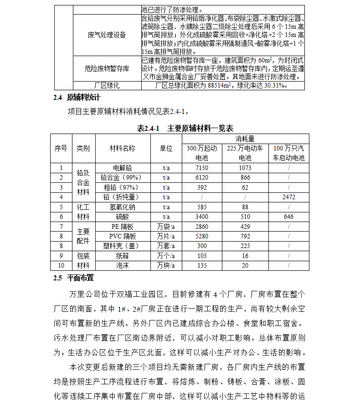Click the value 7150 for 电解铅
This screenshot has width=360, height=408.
[201, 168]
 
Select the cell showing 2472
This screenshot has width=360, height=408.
[288, 197]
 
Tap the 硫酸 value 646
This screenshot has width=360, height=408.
[288, 217]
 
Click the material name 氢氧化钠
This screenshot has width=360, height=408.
[122, 207]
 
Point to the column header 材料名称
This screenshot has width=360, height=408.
[122, 149]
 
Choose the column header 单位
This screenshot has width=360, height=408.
[166, 149]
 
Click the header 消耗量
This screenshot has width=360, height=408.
[245, 139]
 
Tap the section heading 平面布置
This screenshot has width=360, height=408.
[80, 278]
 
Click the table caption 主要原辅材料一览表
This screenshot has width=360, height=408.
[200, 128]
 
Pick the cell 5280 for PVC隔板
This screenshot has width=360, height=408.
[201, 236]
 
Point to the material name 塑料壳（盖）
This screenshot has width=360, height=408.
[122, 246]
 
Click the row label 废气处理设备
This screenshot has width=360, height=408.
[107, 35]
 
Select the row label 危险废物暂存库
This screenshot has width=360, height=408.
[107, 68]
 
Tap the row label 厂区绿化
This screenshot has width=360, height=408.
[107, 85]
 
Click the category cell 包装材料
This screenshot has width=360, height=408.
[83, 261]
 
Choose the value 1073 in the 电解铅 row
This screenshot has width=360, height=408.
[245, 168]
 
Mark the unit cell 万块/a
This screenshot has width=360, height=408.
[166, 265]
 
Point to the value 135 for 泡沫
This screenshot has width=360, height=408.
[201, 265]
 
